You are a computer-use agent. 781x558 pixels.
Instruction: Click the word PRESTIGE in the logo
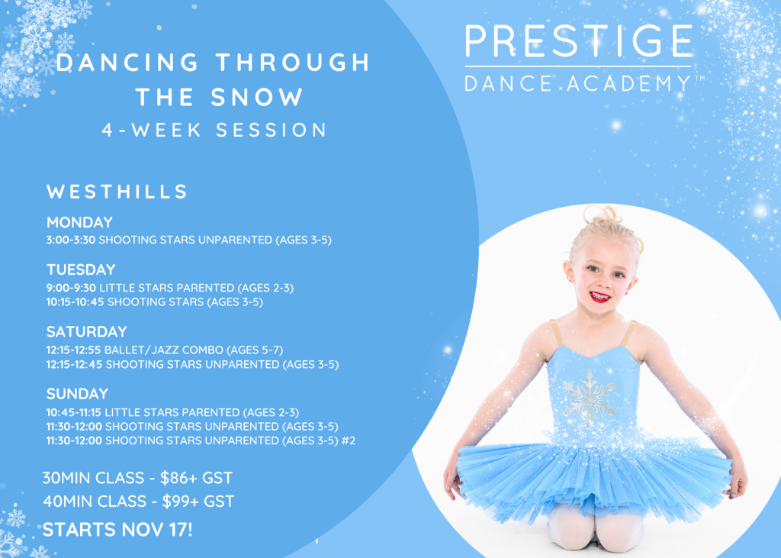tap(579, 40)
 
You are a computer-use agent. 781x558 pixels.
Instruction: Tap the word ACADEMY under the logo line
tap(628, 83)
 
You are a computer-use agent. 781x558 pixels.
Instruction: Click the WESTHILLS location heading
tap(117, 192)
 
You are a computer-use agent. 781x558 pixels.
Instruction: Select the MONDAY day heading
tap(79, 222)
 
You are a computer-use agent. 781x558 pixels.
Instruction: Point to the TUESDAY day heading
tap(81, 269)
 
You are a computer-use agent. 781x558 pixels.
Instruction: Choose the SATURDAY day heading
tap(87, 331)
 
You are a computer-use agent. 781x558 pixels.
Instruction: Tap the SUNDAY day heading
tap(77, 394)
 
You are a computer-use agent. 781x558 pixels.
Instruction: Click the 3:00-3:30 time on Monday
tap(71, 240)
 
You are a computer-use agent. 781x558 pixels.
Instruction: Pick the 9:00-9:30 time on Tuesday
tap(71, 288)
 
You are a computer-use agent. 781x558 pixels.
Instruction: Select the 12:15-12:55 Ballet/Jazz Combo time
tap(74, 350)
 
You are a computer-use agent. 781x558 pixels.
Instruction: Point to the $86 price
tap(172, 478)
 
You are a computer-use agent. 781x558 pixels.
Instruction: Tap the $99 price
tap(174, 502)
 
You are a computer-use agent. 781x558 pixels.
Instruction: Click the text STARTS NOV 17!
tap(117, 530)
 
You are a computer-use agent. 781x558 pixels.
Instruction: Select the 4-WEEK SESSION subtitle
tap(214, 131)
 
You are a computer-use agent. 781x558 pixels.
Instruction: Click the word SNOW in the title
tap(257, 97)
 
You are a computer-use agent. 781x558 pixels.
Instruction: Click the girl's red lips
tap(600, 297)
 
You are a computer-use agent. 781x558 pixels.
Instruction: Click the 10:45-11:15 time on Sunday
tap(74, 412)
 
